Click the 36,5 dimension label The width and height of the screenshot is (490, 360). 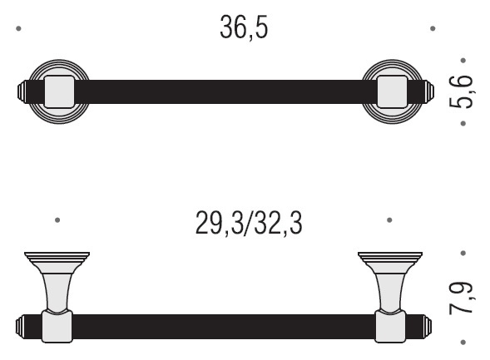(x=244, y=27)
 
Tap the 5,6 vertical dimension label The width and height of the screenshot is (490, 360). (x=461, y=91)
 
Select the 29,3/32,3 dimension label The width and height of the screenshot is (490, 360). (x=249, y=223)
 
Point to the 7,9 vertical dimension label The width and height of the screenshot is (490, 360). (x=461, y=298)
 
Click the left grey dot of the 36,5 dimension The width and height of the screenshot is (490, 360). (x=18, y=29)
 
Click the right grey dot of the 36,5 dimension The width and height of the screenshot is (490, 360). (x=433, y=29)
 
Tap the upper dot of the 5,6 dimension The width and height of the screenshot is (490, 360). (x=463, y=60)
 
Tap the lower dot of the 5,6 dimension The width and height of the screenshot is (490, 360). (x=463, y=123)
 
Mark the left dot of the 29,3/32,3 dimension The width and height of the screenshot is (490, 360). (x=57, y=220)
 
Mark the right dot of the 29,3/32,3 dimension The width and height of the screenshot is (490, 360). (x=389, y=220)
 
